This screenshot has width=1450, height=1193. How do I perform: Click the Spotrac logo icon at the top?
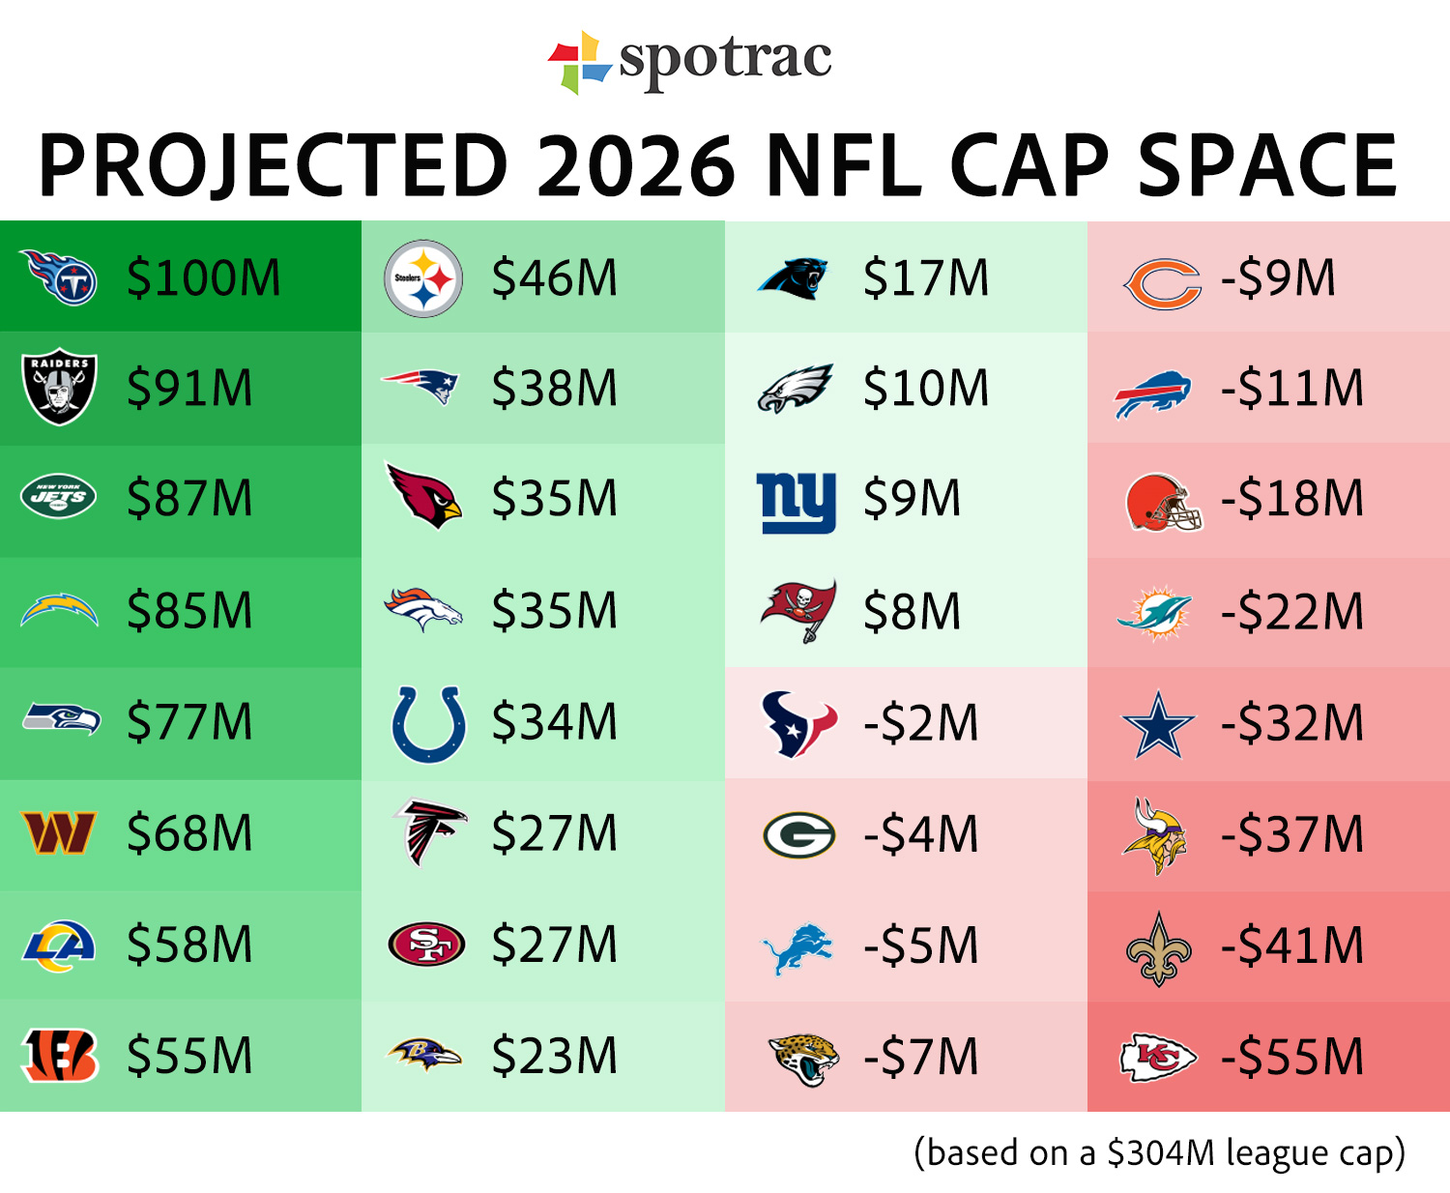coord(579,62)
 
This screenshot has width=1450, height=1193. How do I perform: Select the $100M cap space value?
coord(204,278)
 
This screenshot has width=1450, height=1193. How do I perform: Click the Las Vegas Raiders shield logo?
coord(59,386)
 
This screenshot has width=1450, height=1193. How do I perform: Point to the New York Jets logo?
coord(59,497)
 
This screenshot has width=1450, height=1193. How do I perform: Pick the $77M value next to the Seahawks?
coord(189,722)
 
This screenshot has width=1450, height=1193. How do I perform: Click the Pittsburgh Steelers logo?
coord(423,278)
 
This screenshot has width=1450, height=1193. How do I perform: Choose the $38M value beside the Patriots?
coord(554,389)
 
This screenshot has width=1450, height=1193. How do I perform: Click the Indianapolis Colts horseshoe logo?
coord(428,724)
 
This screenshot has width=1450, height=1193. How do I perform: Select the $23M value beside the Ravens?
coord(554,1056)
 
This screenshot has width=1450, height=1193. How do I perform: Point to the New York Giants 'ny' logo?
coord(797,502)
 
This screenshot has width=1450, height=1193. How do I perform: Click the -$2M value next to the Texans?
coord(920,723)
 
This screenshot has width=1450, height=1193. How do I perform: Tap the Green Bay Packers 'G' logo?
coord(798,835)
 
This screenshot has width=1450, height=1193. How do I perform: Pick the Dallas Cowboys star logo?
coord(1158,724)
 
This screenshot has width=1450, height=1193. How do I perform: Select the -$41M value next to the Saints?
coord(1291,946)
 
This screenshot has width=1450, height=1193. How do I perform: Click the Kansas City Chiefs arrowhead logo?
coord(1158,1058)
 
